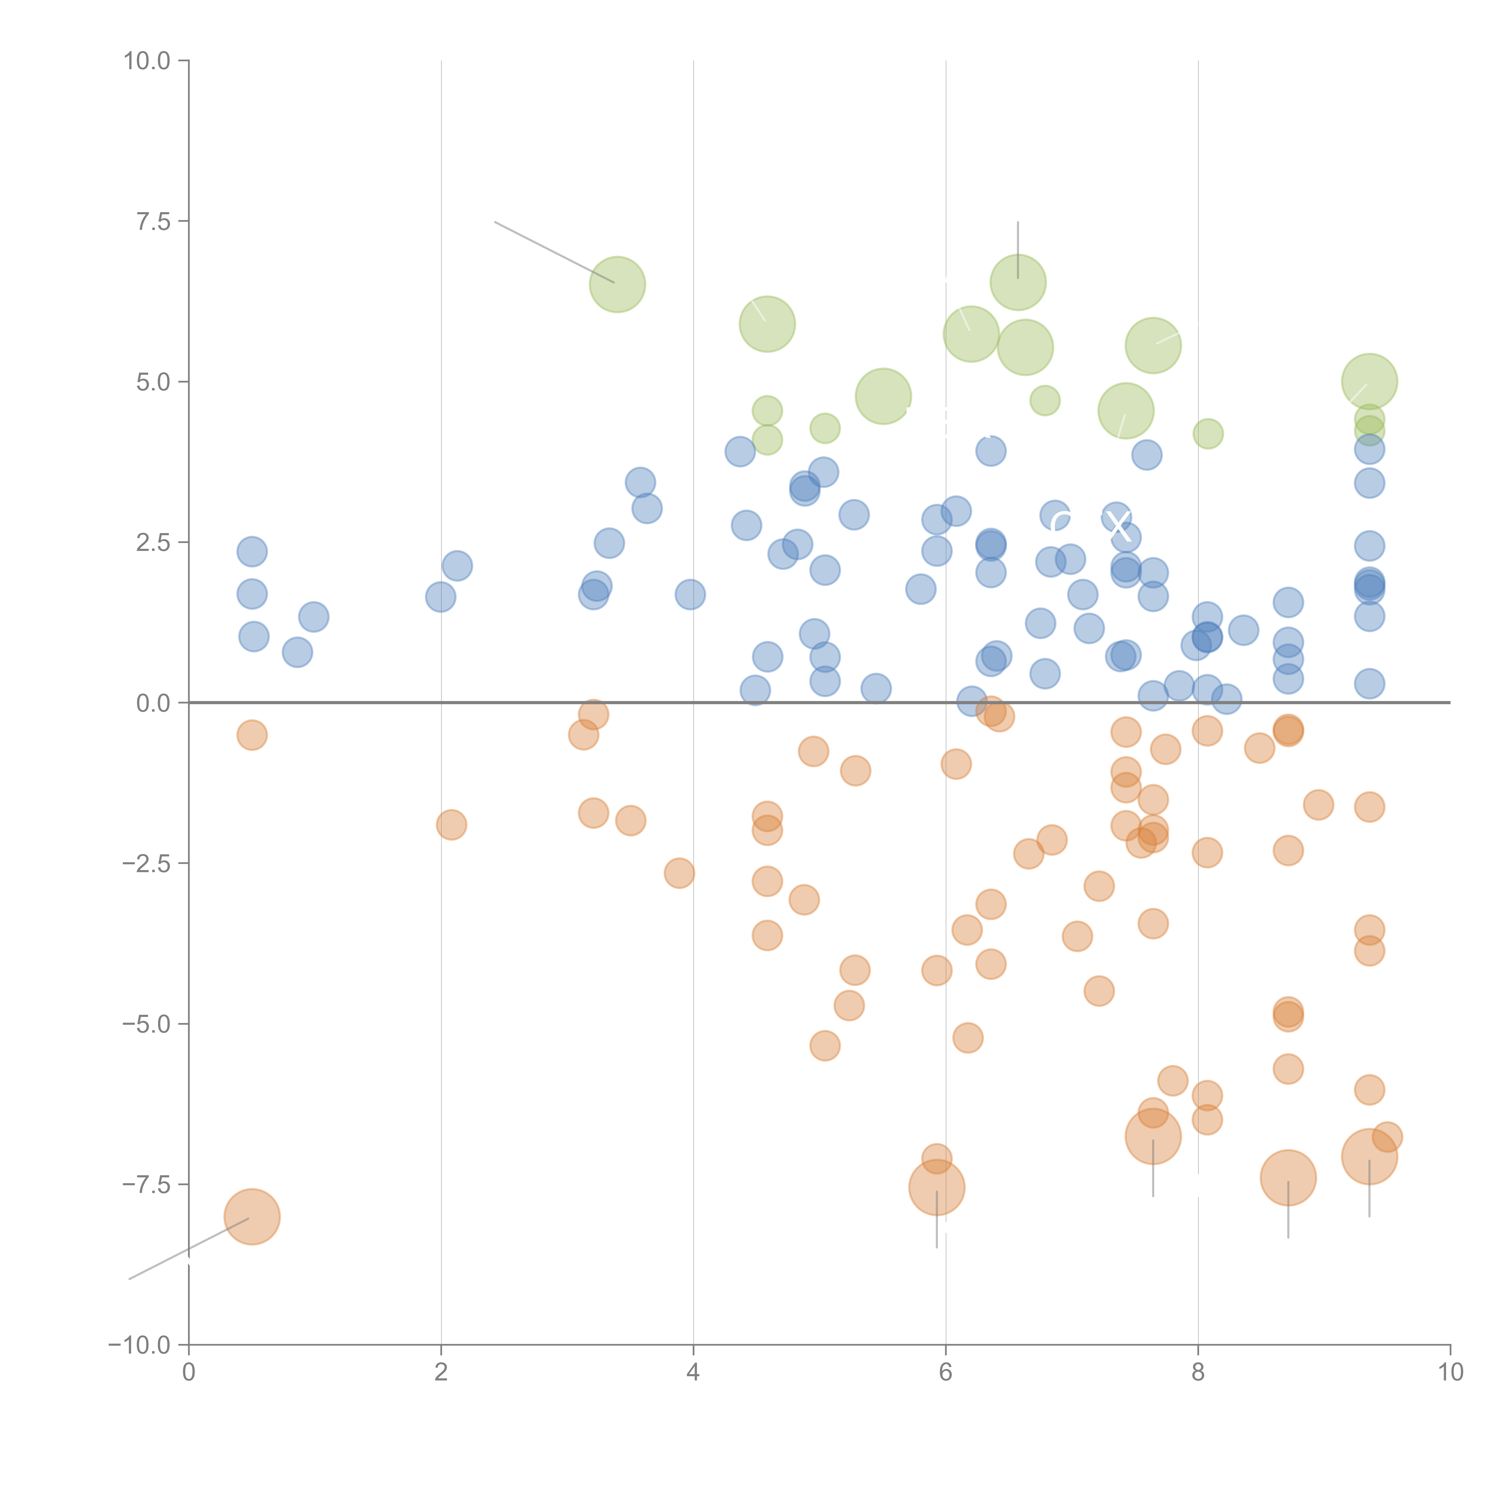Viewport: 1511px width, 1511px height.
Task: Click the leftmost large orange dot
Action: point(252,1216)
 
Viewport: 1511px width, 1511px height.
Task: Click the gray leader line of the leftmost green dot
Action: point(554,252)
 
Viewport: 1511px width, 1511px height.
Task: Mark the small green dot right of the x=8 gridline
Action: point(1208,433)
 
